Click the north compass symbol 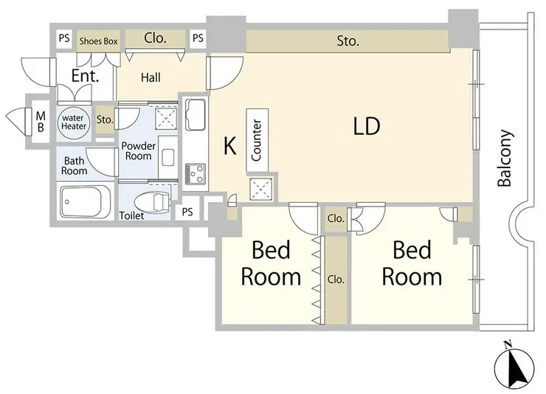(x=514, y=369)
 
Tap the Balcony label (x=505, y=159)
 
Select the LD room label (x=366, y=126)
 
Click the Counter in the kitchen (x=257, y=140)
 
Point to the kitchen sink (x=195, y=114)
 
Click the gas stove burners (x=195, y=173)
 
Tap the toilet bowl (x=152, y=202)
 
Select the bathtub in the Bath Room (x=86, y=202)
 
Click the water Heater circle (x=74, y=122)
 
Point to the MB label (x=41, y=122)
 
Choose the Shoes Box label (x=99, y=41)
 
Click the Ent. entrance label (x=85, y=75)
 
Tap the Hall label (x=151, y=77)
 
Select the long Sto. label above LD (x=348, y=41)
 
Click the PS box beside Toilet (x=187, y=212)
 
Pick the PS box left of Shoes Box (x=64, y=38)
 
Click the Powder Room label (x=138, y=151)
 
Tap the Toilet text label (x=131, y=215)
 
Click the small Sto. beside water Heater (x=105, y=120)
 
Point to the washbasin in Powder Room (x=167, y=158)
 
